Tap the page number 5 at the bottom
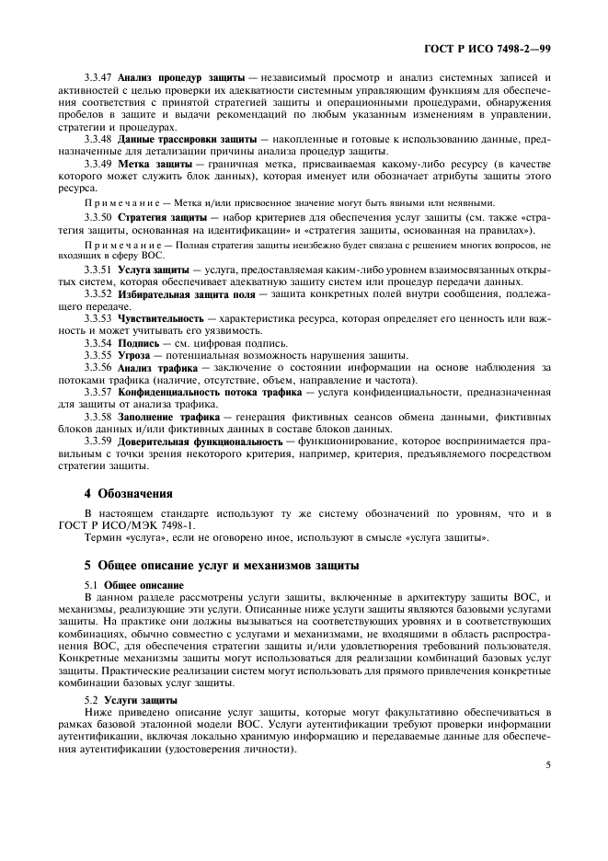coord(547,763)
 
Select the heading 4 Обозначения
coord(129,494)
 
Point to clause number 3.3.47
coord(100,78)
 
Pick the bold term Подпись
coord(139,342)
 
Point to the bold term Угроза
coord(136,355)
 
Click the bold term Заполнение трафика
coord(168,417)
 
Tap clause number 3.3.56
coord(100,367)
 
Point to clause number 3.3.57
coord(100,392)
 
